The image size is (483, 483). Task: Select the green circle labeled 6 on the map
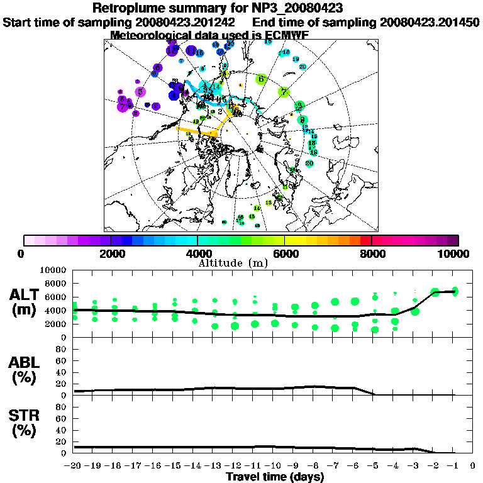261,79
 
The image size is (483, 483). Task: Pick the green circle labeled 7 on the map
284,91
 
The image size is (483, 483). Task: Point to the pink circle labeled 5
140,92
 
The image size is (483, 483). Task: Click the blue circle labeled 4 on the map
173,96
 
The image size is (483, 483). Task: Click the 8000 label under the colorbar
372,253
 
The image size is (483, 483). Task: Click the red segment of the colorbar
366,240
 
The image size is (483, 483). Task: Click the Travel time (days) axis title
274,477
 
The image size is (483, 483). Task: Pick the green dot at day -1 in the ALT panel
455,291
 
